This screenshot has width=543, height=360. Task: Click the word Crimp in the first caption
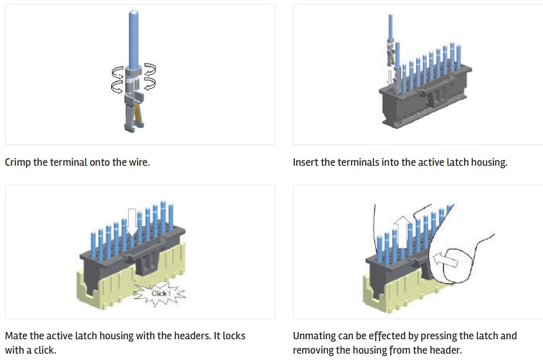17,162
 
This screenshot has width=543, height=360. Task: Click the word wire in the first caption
137,162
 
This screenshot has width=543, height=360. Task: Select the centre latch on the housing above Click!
146,259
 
